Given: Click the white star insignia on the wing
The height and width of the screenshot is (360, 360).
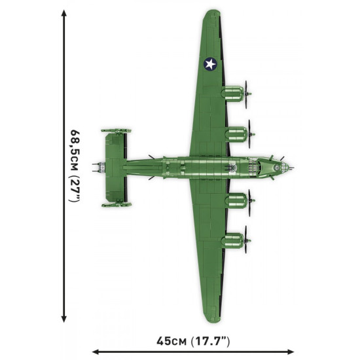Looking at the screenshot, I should point(209,63).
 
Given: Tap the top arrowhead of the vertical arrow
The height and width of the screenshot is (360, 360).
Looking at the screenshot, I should point(63,12).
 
